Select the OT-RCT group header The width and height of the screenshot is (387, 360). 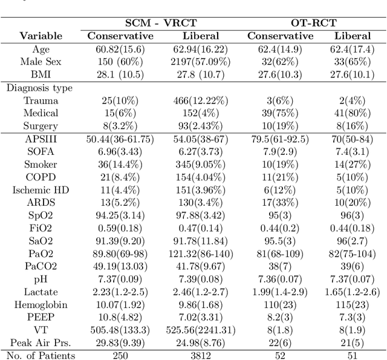(310, 22)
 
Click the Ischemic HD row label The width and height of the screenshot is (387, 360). (41, 189)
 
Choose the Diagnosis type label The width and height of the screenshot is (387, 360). (40, 88)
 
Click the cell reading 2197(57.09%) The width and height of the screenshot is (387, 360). (200, 61)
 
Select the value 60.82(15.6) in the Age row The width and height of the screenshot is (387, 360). (121, 48)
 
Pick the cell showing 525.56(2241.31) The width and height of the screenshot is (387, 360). (200, 329)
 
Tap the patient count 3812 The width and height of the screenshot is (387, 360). (200, 355)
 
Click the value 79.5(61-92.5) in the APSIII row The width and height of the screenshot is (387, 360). (281, 139)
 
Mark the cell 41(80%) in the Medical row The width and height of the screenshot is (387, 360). (353, 113)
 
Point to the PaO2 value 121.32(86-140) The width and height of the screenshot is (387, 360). (200, 253)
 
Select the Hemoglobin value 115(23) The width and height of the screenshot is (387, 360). (353, 304)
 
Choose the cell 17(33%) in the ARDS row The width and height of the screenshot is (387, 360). (281, 202)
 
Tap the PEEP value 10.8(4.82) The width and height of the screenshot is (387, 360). (121, 316)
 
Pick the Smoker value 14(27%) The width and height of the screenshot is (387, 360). (353, 164)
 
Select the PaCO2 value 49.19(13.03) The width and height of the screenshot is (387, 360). (121, 266)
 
